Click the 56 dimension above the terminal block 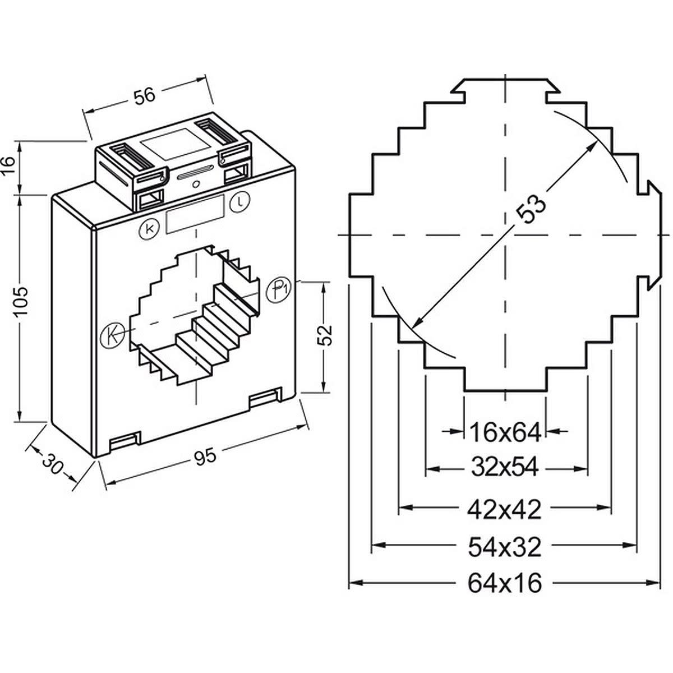pos(144,95)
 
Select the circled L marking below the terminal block pos(240,200)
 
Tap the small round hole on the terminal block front pos(195,185)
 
